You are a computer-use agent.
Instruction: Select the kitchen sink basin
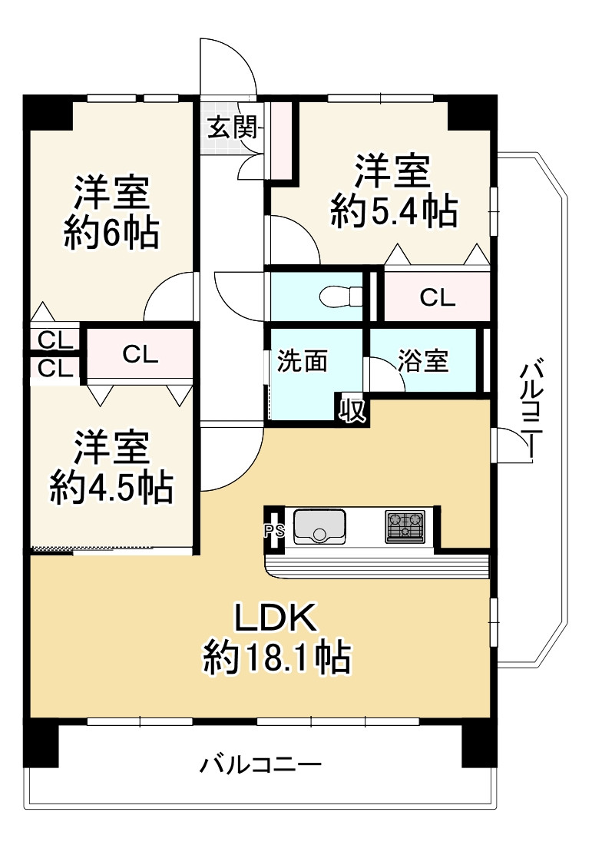(x=319, y=525)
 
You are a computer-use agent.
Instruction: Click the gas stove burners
(x=405, y=526)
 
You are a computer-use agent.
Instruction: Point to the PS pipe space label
(x=273, y=530)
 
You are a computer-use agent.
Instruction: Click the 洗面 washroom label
(x=303, y=361)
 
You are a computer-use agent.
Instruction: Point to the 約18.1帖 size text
(x=277, y=657)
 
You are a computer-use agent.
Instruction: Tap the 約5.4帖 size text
(x=394, y=210)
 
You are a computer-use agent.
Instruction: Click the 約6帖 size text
(x=111, y=233)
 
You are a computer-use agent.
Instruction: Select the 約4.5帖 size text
(x=111, y=487)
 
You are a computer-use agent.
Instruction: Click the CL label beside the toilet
(x=437, y=297)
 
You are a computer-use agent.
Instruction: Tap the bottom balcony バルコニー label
(x=261, y=764)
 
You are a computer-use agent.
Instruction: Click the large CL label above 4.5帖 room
(x=140, y=354)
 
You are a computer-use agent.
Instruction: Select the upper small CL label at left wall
(x=55, y=340)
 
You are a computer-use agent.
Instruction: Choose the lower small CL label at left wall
(x=55, y=369)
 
